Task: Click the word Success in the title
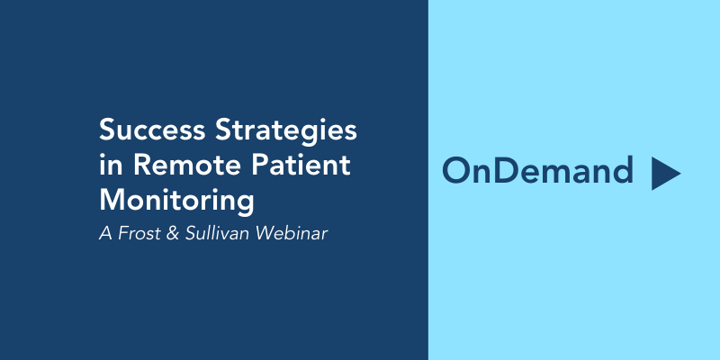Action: coord(152,130)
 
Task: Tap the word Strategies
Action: coord(286,131)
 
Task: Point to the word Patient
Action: coord(301,165)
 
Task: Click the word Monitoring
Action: coord(176,202)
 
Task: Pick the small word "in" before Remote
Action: coord(111,165)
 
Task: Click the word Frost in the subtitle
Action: coord(139,233)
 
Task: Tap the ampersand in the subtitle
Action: coord(172,233)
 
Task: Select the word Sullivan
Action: coord(218,233)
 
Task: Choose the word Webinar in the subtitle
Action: coord(292,233)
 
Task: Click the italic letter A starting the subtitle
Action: coord(106,233)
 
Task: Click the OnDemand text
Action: coord(537,171)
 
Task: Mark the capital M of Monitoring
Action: coord(112,200)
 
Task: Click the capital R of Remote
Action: coord(142,165)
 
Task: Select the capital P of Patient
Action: coord(258,165)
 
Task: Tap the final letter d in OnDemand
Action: coord(623,171)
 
